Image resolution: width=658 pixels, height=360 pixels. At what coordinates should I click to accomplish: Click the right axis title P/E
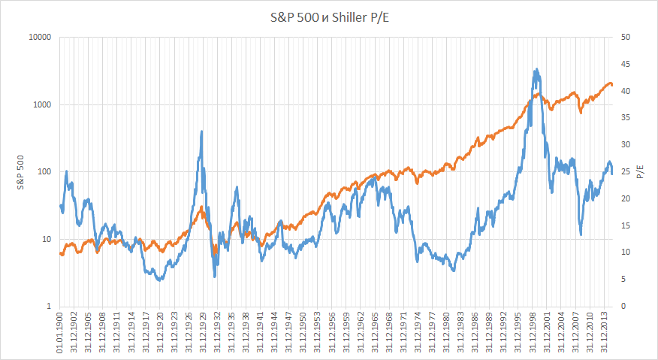[640, 172]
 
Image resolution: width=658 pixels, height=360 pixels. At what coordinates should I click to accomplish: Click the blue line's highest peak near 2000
[536, 70]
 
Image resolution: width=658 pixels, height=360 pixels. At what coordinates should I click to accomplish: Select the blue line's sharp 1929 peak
[201, 132]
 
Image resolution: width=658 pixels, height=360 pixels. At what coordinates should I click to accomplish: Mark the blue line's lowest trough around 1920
[158, 280]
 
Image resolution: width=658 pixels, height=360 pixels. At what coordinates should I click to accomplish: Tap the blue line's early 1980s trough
[453, 270]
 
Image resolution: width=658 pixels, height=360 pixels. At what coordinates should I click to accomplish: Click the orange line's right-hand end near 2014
[611, 85]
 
